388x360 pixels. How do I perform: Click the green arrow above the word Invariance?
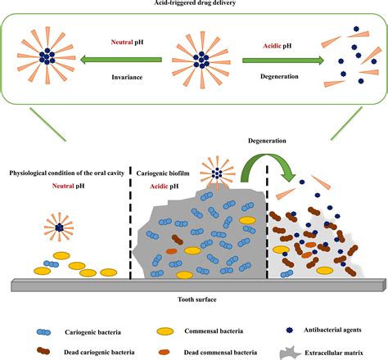tap(121, 60)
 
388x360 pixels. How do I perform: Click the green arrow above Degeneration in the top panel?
tap(283, 61)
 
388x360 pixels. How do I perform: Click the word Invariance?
tap(127, 77)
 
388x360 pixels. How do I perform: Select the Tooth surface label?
tap(197, 299)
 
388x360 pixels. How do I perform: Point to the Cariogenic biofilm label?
tap(163, 173)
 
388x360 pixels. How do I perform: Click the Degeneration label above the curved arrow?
tap(267, 141)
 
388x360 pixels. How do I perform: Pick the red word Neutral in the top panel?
tap(122, 43)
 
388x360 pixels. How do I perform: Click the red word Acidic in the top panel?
tap(272, 46)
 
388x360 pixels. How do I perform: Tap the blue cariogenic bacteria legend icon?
tap(43, 332)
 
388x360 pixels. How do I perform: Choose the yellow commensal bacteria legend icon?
tap(165, 331)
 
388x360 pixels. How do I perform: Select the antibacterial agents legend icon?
tap(290, 331)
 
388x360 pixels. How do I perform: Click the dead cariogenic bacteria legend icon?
tap(43, 351)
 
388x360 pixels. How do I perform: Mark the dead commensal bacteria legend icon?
tap(164, 353)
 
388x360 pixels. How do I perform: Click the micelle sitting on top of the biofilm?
tap(217, 173)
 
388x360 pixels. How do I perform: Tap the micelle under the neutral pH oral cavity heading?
tap(59, 227)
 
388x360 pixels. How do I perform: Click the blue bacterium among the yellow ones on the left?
tap(52, 264)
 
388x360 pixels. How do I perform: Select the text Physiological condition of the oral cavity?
tap(67, 173)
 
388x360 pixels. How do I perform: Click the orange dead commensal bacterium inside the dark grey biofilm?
tap(171, 251)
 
